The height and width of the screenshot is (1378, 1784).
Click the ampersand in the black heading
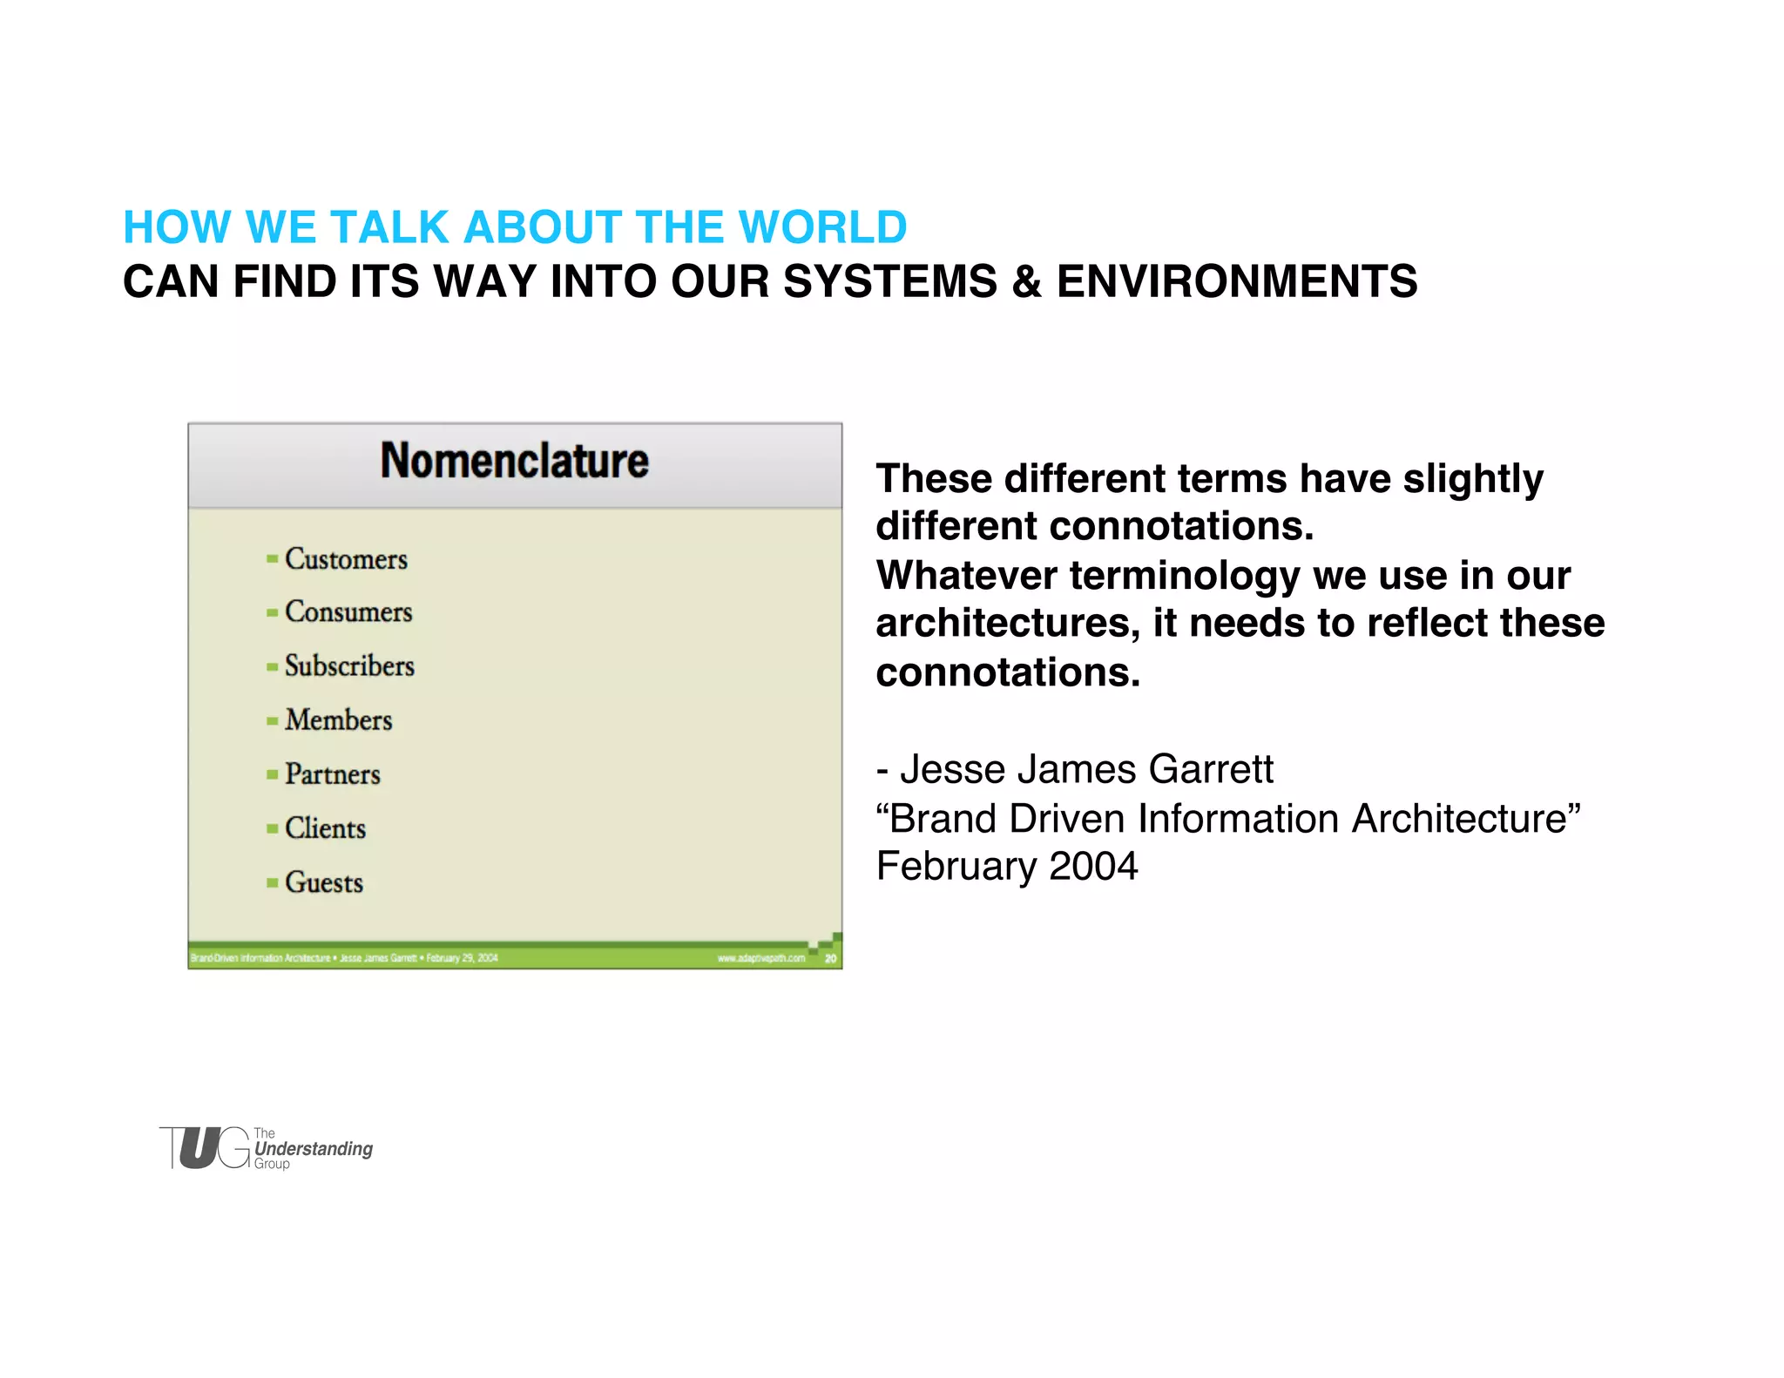[x=1026, y=282]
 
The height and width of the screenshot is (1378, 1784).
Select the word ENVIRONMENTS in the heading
[x=1237, y=282]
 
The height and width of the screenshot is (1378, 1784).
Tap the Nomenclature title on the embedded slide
[x=515, y=461]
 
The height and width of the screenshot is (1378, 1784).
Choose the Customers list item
[x=346, y=559]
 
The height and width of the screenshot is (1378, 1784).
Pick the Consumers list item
[x=348, y=612]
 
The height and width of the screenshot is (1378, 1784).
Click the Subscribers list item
[x=349, y=666]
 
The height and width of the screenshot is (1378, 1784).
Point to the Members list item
[x=338, y=720]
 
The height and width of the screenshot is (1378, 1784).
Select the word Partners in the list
[x=333, y=774]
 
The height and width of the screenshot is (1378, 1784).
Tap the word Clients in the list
[x=325, y=828]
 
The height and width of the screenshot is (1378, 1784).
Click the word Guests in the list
[x=324, y=882]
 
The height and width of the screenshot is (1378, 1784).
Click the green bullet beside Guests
[x=272, y=883]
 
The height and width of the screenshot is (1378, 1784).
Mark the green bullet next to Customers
[x=272, y=559]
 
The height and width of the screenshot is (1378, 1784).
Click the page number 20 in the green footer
[x=830, y=958]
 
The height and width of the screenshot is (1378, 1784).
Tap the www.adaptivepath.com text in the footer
[x=760, y=958]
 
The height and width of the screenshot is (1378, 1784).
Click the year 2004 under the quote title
[x=1093, y=866]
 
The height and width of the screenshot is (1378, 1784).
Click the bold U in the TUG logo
[x=199, y=1148]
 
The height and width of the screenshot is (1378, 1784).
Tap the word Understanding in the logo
[x=314, y=1149]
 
